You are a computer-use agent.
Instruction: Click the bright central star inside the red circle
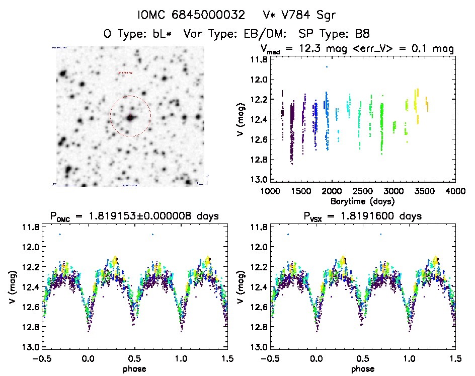click(131, 118)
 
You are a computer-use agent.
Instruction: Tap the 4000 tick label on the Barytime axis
click(455, 191)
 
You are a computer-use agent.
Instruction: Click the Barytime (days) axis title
click(362, 201)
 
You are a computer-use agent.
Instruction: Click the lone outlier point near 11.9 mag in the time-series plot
click(327, 66)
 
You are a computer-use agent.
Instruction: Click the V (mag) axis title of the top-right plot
click(241, 119)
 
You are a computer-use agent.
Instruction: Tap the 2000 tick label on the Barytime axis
click(332, 191)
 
